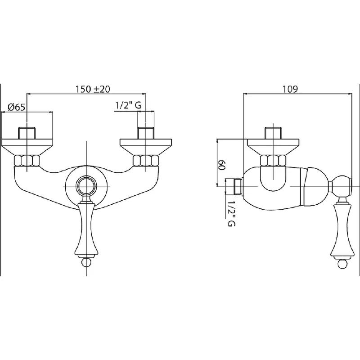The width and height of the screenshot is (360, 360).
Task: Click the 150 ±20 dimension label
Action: tap(93, 89)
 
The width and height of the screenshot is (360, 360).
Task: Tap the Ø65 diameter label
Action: tap(16, 107)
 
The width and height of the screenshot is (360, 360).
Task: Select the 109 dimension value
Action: tap(290, 89)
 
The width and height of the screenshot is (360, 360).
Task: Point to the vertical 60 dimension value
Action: tap(221, 165)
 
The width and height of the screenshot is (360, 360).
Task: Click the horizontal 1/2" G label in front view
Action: tap(128, 105)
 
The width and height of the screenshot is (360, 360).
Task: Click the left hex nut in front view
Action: tap(27, 161)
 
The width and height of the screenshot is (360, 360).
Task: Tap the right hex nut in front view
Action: tap(146, 161)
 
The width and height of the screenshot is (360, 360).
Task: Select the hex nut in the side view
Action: tap(273, 161)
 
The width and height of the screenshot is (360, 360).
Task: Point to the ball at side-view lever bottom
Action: tap(342, 264)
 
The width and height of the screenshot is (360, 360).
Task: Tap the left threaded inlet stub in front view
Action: tap(27, 133)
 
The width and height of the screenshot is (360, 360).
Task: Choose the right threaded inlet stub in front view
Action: tap(146, 133)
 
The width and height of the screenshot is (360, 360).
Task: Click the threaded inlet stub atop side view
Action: tap(273, 133)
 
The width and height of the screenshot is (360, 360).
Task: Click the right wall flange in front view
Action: tap(146, 147)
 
